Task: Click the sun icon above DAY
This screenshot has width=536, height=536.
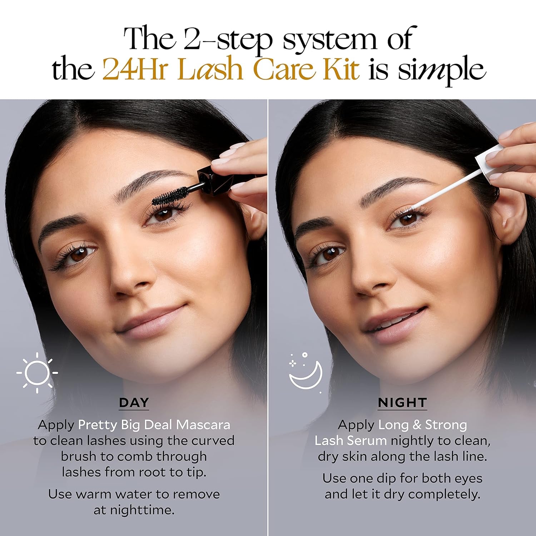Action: pyautogui.click(x=37, y=373)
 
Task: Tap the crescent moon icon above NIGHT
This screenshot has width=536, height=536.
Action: pyautogui.click(x=307, y=373)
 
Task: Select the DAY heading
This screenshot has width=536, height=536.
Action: pyautogui.click(x=134, y=403)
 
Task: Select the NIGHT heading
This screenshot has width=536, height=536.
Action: pyautogui.click(x=402, y=403)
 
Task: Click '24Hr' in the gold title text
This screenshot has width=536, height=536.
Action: pyautogui.click(x=135, y=69)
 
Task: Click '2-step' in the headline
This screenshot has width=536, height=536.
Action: pyautogui.click(x=228, y=39)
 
